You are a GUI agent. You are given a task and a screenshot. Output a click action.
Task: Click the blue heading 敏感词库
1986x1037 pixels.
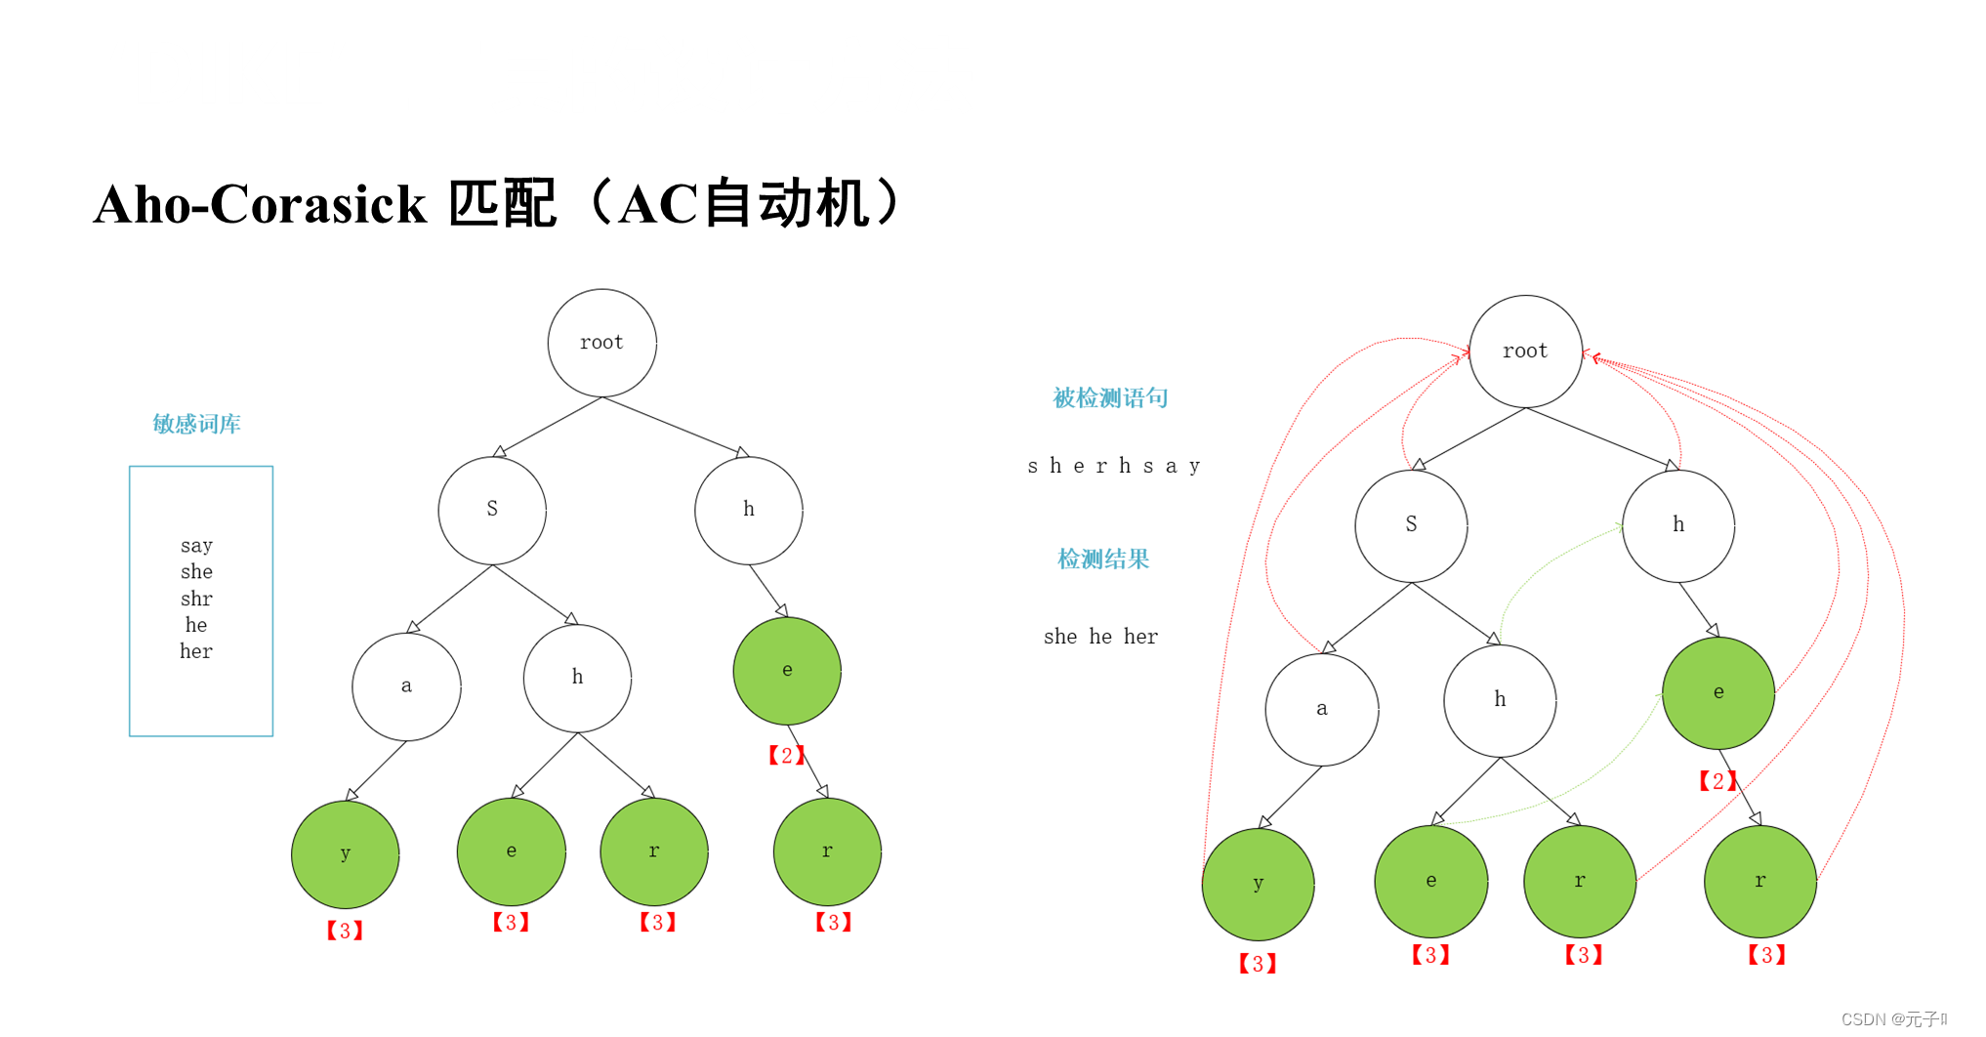click(196, 424)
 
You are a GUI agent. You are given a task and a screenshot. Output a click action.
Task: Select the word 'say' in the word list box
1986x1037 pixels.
click(196, 545)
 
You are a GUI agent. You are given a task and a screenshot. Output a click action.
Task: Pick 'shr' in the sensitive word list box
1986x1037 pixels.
click(196, 598)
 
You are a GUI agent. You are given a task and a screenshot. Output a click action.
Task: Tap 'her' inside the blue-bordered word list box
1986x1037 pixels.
click(196, 651)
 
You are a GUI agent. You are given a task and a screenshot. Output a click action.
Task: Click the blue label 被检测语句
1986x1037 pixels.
click(1110, 397)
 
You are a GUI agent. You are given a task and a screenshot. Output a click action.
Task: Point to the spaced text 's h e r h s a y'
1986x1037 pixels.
click(1113, 466)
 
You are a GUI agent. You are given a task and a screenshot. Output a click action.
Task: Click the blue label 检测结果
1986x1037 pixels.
click(1103, 559)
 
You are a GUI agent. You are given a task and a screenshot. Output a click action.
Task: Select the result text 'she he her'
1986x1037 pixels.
click(1100, 637)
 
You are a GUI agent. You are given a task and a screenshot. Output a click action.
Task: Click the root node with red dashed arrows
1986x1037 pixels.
click(1525, 352)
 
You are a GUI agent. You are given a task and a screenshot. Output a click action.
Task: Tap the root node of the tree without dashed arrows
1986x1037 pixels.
click(601, 343)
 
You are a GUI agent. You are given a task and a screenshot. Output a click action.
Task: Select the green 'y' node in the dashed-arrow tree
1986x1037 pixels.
click(1258, 883)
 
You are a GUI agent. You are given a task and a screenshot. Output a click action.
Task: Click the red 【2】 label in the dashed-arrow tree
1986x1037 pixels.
click(1717, 780)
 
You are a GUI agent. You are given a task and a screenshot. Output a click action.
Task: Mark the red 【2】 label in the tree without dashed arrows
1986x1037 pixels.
click(786, 755)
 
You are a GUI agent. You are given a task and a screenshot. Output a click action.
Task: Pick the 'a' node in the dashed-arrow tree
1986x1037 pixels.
click(1321, 709)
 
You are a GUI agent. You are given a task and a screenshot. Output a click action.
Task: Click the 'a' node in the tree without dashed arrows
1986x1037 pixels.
click(406, 686)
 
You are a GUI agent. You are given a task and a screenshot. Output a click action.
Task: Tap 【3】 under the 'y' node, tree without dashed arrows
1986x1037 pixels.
click(345, 931)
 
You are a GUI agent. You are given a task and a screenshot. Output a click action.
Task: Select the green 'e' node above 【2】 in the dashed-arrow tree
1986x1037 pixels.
click(1718, 692)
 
